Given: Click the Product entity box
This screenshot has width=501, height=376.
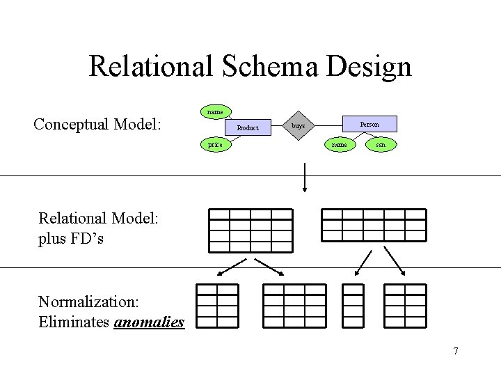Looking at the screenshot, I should click(247, 127).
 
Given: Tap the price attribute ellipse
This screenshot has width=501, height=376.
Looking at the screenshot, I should click(215, 145).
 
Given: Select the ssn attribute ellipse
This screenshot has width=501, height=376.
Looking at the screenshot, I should click(380, 145).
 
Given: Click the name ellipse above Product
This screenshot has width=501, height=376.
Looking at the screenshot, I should click(215, 111).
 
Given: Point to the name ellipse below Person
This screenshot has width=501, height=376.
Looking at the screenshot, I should click(340, 145).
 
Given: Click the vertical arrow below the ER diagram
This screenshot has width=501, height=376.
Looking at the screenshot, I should click(305, 177).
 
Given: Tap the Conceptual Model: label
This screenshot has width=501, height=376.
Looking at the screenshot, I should click(97, 125).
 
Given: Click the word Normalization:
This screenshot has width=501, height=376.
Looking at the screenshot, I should click(90, 302).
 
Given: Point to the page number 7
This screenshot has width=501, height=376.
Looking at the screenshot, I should click(456, 350).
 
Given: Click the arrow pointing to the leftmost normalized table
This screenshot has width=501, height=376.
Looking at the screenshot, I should click(233, 267).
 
